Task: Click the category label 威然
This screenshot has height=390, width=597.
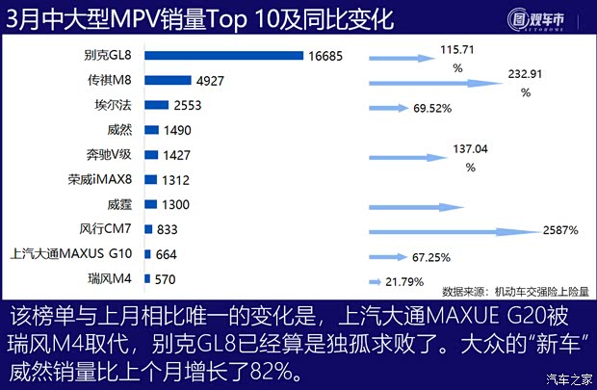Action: pos(121,130)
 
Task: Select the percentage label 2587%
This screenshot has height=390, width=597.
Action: pos(558,230)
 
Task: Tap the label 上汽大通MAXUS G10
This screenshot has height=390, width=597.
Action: pos(72,254)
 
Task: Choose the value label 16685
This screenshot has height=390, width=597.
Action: pos(326,56)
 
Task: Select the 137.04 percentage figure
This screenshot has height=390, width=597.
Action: pos(470,150)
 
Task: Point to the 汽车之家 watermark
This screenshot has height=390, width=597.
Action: pos(568,377)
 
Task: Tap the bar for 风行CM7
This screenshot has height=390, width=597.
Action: pos(147,229)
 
